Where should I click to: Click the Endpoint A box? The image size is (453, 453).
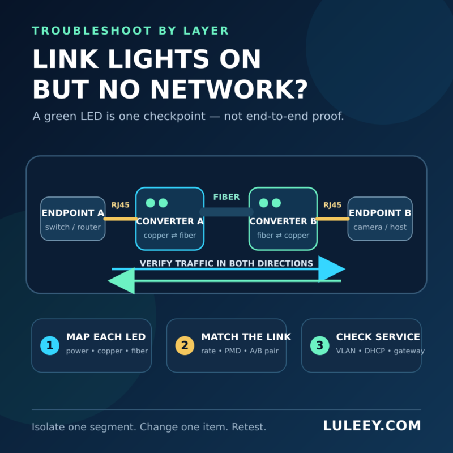point(73,219)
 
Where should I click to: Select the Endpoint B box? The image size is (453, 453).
point(380,219)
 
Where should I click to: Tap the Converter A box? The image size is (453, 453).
point(170,219)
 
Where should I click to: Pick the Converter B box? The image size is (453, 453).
point(283,219)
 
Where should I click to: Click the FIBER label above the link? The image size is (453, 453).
point(226,197)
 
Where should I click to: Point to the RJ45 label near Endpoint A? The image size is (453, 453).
point(121,205)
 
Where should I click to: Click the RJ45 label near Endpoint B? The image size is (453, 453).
point(332,205)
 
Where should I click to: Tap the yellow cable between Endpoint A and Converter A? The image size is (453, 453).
point(121,219)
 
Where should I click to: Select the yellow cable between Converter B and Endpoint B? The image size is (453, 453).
point(332,219)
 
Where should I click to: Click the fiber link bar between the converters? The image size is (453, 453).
point(226,212)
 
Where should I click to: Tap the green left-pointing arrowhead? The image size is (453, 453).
point(121,281)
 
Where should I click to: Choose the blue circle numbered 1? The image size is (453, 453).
point(50,345)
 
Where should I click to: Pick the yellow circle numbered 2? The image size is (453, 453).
point(185,345)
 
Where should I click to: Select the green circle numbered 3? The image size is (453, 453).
point(319,345)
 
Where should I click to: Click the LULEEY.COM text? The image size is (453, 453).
point(372,426)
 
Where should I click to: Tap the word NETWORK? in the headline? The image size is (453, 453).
point(229,89)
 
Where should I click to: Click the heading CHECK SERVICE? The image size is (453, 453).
point(378,337)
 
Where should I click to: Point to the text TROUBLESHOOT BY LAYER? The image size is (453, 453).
point(130,31)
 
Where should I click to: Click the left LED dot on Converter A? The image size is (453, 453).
point(150,203)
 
